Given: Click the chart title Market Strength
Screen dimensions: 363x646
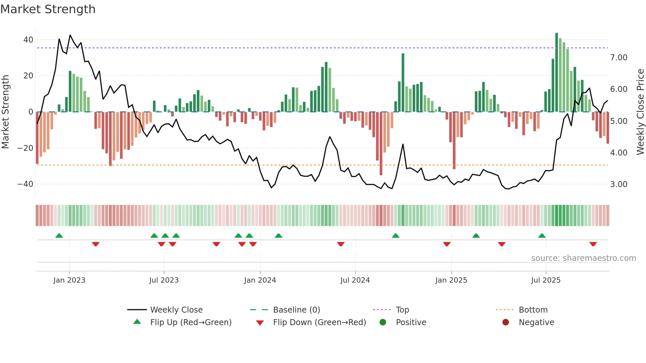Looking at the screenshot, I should coord(48,9).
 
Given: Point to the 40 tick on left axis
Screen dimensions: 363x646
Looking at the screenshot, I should coord(28,40).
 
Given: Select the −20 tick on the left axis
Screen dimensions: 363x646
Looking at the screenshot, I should coord(25,148).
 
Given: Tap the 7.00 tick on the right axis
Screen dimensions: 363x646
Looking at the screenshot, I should coord(619,58).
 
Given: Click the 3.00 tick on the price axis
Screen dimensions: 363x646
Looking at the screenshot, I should coord(619,184).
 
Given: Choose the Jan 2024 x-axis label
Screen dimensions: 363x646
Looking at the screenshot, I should coord(260,280).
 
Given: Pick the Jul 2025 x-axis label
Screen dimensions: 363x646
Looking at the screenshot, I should coord(546,280).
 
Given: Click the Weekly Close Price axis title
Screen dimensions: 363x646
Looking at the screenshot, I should coord(640,112).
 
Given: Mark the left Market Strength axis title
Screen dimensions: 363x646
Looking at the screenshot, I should coord(6,112).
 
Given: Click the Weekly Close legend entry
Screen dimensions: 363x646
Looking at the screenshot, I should coord(176,310).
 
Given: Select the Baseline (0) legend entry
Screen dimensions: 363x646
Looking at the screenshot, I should coord(296,310).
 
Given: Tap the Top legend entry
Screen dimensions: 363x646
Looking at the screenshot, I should coord(402,310).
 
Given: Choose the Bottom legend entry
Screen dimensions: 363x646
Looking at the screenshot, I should coord(533,310).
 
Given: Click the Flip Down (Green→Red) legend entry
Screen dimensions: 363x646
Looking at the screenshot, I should coord(319,322).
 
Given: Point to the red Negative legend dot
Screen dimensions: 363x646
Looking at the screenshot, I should coord(506,322).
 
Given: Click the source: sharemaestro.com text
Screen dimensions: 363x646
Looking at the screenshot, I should coord(583,258).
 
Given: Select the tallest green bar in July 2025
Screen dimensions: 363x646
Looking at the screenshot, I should coord(557,72).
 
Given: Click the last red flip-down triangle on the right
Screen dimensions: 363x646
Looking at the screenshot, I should coord(593,244).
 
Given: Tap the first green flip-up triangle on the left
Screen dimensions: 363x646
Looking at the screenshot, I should coord(59,236).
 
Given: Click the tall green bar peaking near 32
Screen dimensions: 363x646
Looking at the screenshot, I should coord(403,82).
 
